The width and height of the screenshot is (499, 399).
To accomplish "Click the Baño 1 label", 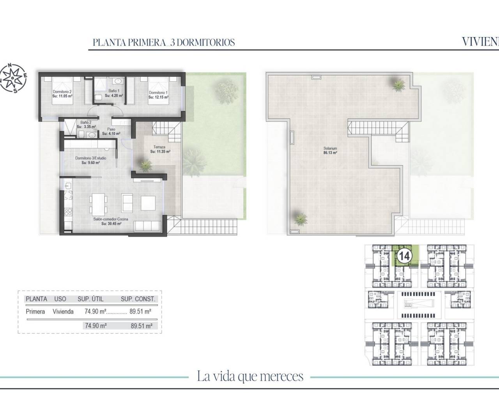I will pyautogui.click(x=114, y=91).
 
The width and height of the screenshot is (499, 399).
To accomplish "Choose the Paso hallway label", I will pyautogui.click(x=111, y=129).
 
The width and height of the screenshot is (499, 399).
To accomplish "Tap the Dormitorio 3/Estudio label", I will pyautogui.click(x=90, y=159).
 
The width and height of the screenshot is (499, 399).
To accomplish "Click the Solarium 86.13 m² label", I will pyautogui.click(x=330, y=151).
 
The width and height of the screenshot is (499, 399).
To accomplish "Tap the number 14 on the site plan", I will pyautogui.click(x=404, y=256).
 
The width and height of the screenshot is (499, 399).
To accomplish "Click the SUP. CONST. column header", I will pyautogui.click(x=138, y=299).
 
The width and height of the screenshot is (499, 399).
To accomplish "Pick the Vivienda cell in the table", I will pyautogui.click(x=64, y=312).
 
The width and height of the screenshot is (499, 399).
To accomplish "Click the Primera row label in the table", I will pyautogui.click(x=35, y=312).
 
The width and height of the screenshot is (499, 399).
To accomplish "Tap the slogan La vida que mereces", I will pyautogui.click(x=250, y=376).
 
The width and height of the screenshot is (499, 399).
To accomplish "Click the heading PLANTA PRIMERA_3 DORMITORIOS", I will pyautogui.click(x=164, y=42).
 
